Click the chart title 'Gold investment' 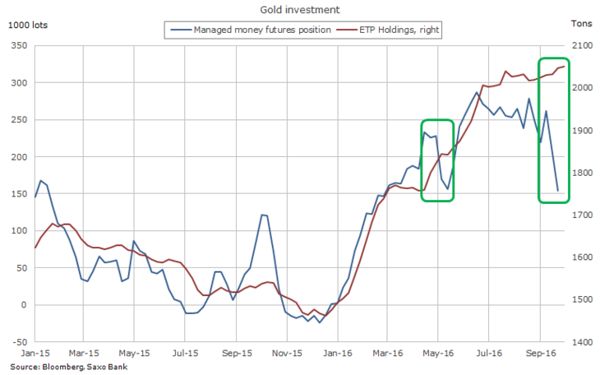[x=299, y=10]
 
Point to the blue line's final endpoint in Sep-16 [x=558, y=191]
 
